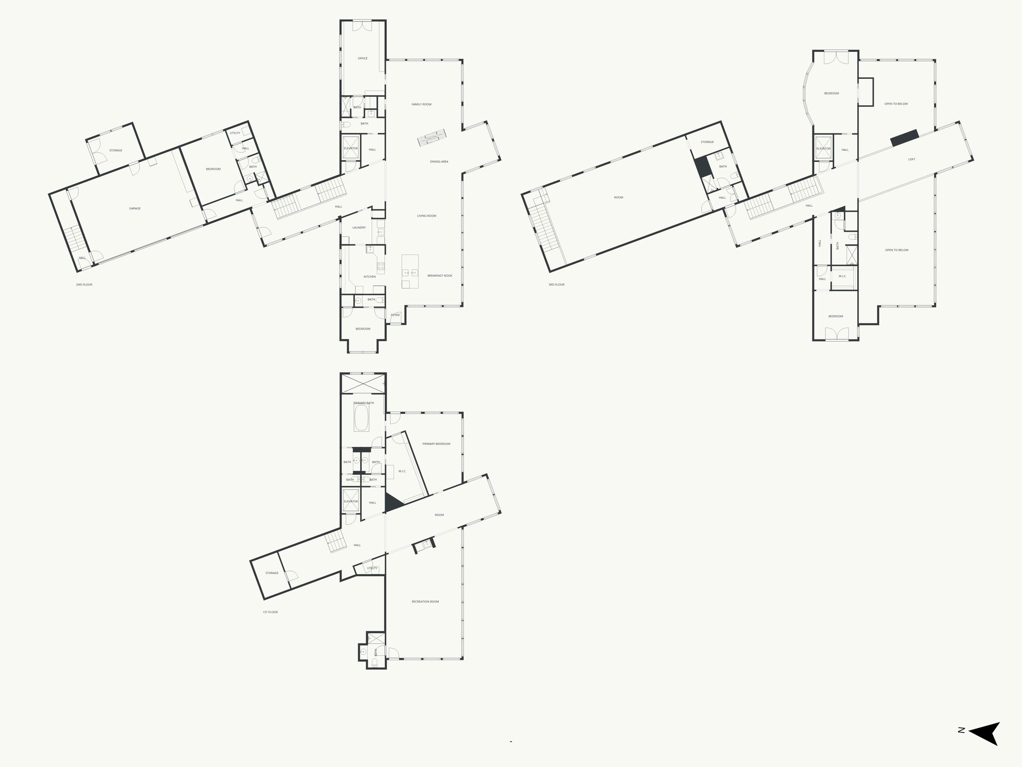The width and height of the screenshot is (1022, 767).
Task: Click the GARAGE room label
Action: pos(135,208)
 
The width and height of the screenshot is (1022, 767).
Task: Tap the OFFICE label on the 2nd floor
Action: pos(363,58)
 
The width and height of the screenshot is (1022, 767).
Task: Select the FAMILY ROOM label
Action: pos(422,104)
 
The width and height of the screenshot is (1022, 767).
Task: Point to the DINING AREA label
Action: pos(439,162)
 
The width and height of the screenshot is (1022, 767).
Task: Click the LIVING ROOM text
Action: pos(427,216)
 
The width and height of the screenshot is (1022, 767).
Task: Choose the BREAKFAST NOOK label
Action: pos(440,276)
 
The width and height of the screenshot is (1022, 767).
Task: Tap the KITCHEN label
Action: pos(369,277)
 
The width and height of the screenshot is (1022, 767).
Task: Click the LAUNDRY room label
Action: pos(359,228)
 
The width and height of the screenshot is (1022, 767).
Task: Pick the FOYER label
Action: pos(395,315)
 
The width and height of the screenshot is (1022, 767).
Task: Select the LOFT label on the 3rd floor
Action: pos(912,159)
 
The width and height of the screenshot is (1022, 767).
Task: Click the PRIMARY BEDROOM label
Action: pos(436,444)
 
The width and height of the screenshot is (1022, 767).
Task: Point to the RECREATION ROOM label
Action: pos(425,602)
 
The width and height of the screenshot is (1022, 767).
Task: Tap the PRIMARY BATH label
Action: pos(363,403)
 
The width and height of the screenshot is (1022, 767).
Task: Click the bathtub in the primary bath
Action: pos(361,418)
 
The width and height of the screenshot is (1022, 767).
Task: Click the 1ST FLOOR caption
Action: pos(270,612)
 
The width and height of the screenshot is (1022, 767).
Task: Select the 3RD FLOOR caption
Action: pos(556,285)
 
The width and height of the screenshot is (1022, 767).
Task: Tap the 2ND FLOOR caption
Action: pos(84,285)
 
